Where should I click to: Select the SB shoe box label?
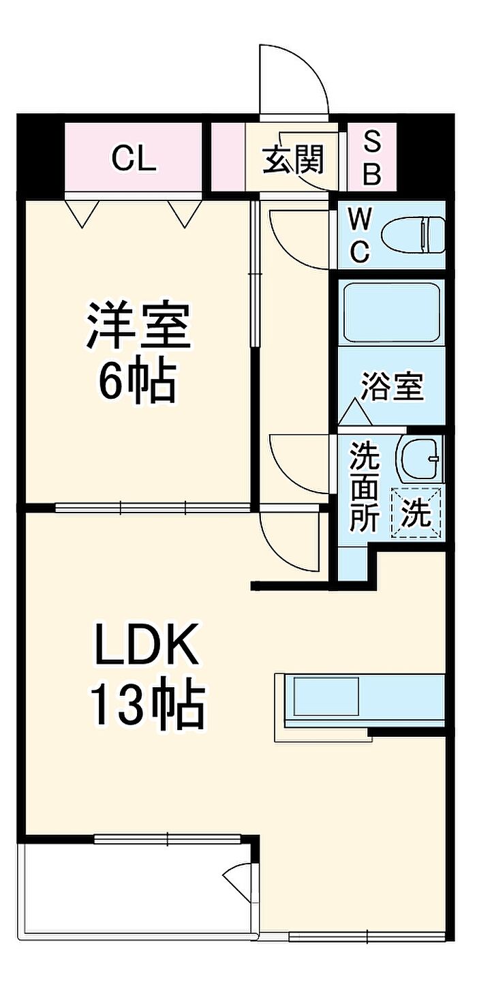371,159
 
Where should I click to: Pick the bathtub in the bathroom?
392,313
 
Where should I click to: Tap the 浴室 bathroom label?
392,386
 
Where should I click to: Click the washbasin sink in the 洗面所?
419,458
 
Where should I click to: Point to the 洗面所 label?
365,486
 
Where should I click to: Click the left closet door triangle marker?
82,214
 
